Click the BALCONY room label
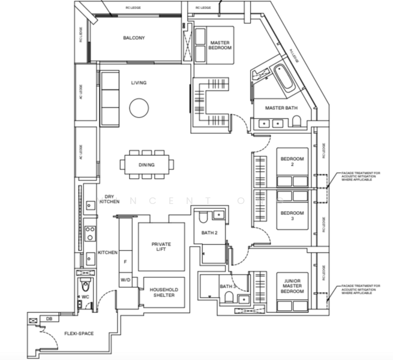[x=134, y=38]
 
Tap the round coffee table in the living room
[x=139, y=109]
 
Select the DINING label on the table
[x=146, y=165]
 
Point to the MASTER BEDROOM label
[x=220, y=46]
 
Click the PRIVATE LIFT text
[x=161, y=246]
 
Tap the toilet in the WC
[x=85, y=286]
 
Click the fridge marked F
[x=125, y=262]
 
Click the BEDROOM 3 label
[x=292, y=215]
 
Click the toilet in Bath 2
[x=204, y=217]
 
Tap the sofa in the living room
[x=109, y=98]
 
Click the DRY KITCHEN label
[x=109, y=199]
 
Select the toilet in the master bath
[x=296, y=123]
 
